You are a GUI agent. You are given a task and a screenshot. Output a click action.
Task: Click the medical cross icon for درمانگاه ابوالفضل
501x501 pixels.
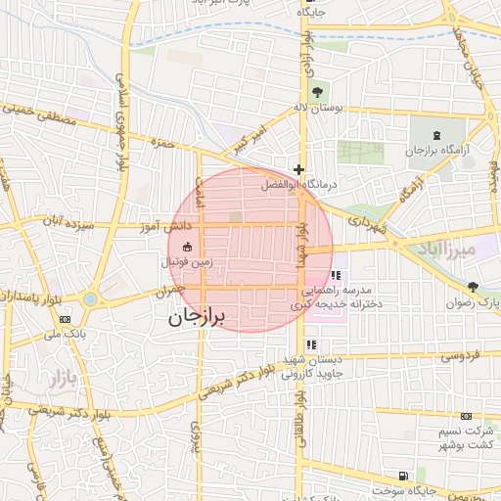click(x=299, y=169)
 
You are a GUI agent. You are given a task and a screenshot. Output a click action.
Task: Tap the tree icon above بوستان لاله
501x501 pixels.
click(x=313, y=92)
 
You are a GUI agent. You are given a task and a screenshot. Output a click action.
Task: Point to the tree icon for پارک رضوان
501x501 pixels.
click(x=474, y=287)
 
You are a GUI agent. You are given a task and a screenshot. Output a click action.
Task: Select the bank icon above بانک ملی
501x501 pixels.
click(x=66, y=319)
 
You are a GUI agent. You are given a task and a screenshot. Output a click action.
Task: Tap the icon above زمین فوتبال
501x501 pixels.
click(x=187, y=248)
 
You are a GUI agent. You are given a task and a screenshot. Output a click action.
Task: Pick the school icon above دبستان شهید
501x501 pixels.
click(x=311, y=344)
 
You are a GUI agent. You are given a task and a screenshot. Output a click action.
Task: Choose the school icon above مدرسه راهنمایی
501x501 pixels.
click(x=337, y=276)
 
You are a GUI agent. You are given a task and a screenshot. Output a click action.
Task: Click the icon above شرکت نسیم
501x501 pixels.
click(x=466, y=417)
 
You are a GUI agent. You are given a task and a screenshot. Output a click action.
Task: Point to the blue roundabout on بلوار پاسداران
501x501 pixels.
click(x=91, y=298)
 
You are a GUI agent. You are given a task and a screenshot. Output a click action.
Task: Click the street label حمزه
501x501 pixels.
click(x=161, y=144)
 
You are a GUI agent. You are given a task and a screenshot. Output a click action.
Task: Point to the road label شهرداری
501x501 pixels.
click(x=367, y=222)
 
